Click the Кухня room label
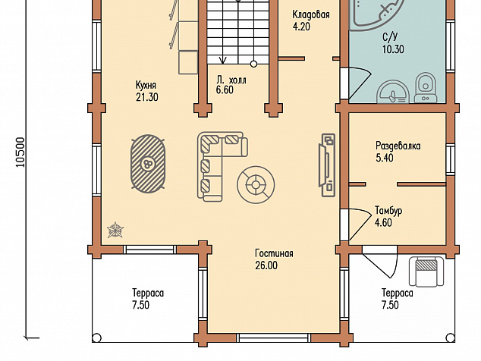(146, 85)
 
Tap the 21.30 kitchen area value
(147, 97)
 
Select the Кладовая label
(311, 14)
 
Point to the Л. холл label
(231, 80)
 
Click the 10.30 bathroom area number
(393, 49)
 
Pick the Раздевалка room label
(398, 146)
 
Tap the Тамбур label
(388, 211)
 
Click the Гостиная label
(274, 253)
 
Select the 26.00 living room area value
(266, 265)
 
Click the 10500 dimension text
(20, 152)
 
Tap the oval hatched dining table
(149, 164)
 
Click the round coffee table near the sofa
(256, 184)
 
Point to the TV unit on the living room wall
(327, 165)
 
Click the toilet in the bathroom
(426, 86)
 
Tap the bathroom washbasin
(393, 92)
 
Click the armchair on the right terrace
(426, 272)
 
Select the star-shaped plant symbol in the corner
(115, 230)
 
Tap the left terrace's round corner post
(96, 337)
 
